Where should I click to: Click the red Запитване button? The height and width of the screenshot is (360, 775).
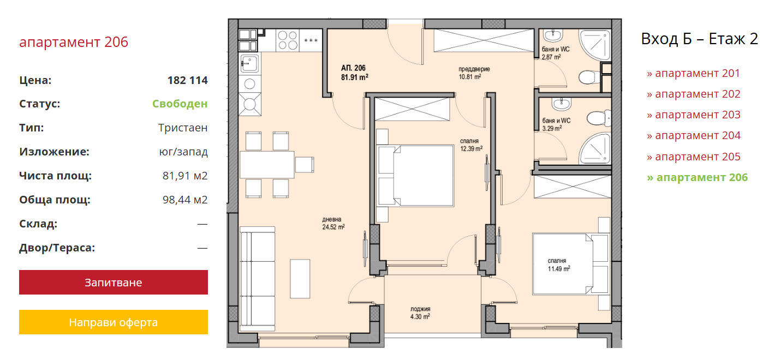[114, 282]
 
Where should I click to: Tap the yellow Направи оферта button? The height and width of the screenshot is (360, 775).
[114, 322]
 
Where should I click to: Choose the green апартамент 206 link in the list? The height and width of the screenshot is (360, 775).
[697, 177]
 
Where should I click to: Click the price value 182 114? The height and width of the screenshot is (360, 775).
[188, 80]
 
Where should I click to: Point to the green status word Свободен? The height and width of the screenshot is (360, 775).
[180, 104]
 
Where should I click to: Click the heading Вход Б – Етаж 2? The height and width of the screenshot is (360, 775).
[700, 39]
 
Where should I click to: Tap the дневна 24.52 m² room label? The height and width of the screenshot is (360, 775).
[333, 223]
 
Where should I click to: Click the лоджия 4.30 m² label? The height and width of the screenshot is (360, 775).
[420, 313]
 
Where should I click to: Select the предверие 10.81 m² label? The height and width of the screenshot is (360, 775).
[474, 73]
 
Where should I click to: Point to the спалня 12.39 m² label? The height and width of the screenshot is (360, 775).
[471, 145]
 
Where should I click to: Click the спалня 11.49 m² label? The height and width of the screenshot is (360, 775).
[559, 265]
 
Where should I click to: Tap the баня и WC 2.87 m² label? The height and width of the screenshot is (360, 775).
[556, 53]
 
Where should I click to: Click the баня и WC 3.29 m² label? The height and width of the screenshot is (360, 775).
[556, 124]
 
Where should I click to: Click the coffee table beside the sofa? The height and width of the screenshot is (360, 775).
[300, 279]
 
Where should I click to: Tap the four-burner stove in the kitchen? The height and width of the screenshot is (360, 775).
[288, 40]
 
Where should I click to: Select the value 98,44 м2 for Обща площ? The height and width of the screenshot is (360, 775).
[185, 200]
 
